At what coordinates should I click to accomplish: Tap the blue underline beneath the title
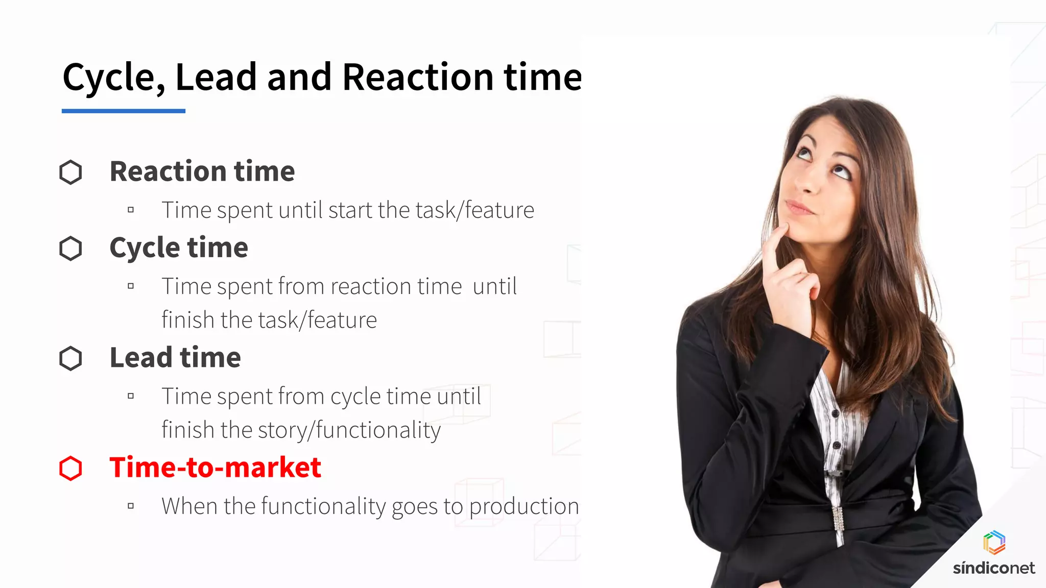coord(123,111)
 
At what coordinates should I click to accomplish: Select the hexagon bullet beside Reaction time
coord(70,172)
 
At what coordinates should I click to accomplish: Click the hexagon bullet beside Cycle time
coord(70,249)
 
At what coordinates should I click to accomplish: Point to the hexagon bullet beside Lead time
coord(70,358)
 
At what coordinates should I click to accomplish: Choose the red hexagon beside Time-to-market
coord(70,469)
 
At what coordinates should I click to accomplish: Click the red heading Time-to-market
coord(215,468)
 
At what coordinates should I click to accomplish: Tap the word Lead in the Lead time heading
coord(140,357)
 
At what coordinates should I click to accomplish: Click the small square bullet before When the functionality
coord(131,506)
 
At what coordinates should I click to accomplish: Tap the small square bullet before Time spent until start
coord(131,210)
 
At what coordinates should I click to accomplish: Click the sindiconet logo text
coord(993,568)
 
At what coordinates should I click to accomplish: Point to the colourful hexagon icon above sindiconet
coord(994,542)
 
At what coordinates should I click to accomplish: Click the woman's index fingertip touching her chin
coord(782,230)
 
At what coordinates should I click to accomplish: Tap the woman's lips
coord(799,208)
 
